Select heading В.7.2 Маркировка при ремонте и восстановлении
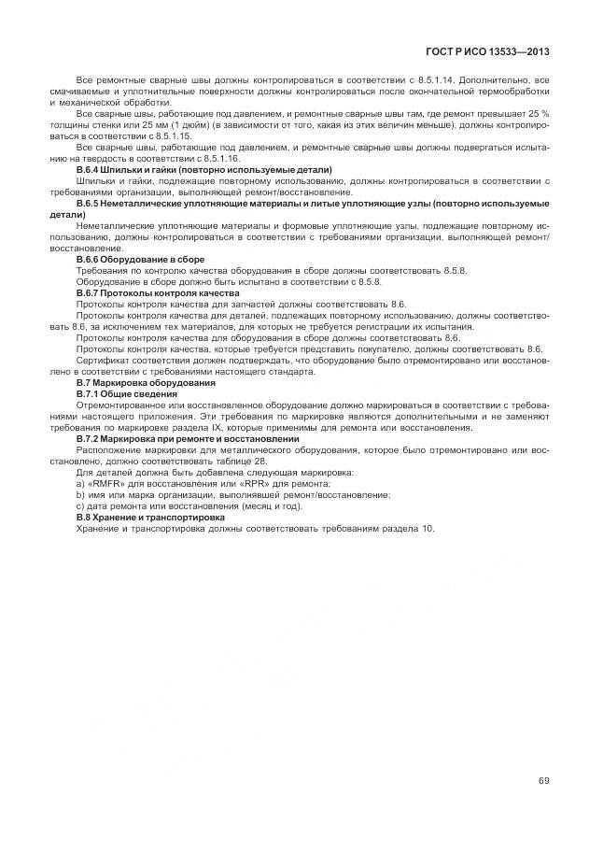(187, 438)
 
